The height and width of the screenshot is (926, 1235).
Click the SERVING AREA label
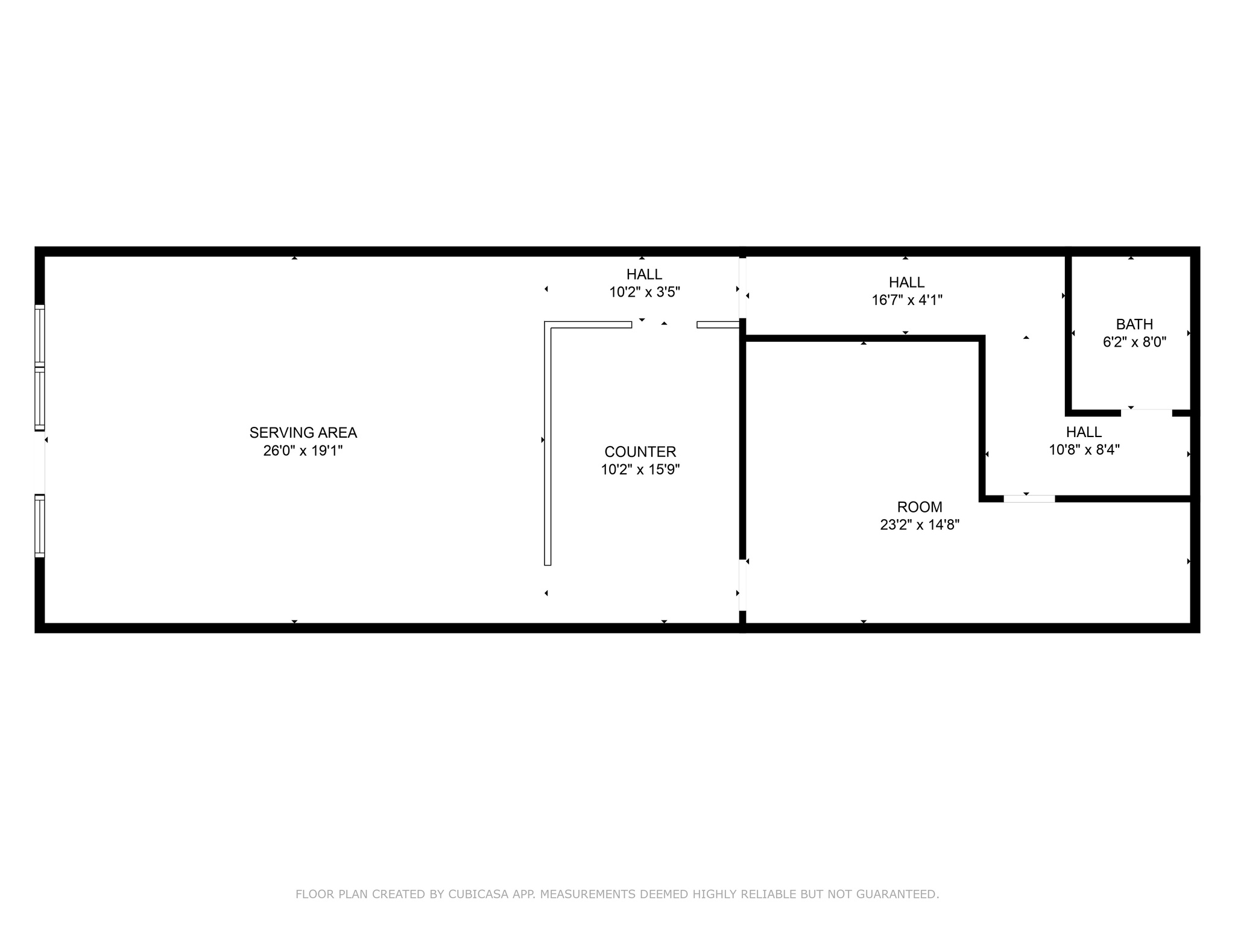point(303,432)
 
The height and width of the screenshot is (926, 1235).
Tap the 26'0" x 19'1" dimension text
point(303,450)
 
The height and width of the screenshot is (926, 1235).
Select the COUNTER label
point(640,452)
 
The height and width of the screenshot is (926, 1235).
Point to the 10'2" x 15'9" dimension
point(640,470)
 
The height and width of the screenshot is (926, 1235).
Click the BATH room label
point(1134,324)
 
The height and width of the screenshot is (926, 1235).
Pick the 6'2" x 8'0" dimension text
point(1134,342)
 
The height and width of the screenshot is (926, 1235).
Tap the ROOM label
point(919,507)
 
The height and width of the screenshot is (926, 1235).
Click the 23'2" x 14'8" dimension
point(919,525)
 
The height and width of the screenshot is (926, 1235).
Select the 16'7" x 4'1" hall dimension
point(906,300)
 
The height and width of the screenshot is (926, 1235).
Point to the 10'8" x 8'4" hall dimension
point(1084,450)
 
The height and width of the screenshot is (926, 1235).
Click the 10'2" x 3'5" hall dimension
point(644,292)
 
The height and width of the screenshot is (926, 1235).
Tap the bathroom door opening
point(1146,413)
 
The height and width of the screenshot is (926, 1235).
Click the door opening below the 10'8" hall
point(1029,499)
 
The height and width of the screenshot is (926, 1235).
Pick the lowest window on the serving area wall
point(40,526)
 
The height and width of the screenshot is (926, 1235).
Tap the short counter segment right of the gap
point(718,325)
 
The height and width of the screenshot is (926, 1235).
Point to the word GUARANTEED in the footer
point(903,894)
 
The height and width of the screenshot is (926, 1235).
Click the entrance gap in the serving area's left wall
point(40,462)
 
